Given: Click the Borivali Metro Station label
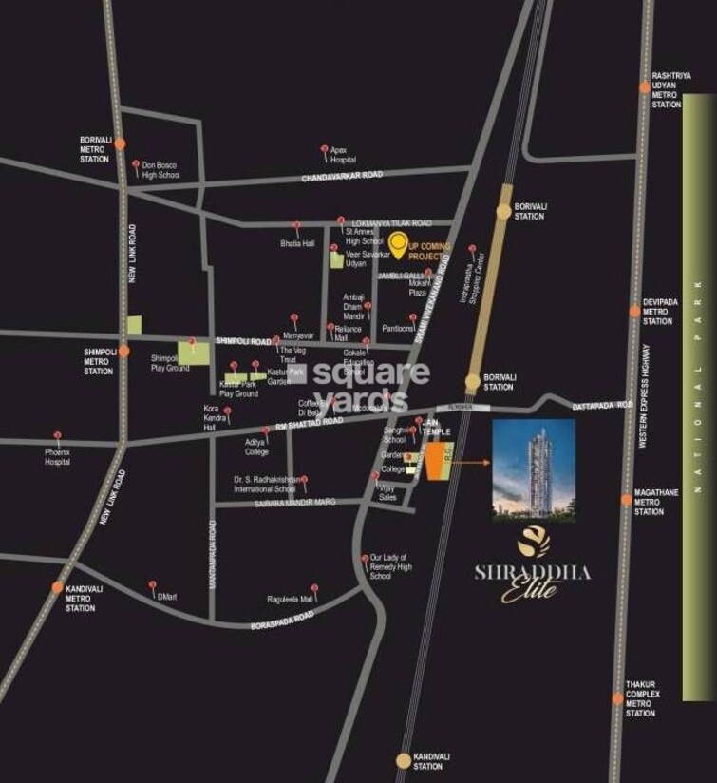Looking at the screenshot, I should point(95,149).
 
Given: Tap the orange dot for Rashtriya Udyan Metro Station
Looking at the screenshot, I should point(645,87).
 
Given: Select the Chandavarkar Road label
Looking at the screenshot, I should point(342,177).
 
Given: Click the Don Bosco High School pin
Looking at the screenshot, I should point(136,164).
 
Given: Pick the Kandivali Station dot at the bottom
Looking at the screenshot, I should point(404,760).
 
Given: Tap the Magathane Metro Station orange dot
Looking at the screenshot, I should point(627,499).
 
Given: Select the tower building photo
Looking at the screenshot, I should point(534,470).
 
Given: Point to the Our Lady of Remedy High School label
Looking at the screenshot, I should point(390,566).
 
